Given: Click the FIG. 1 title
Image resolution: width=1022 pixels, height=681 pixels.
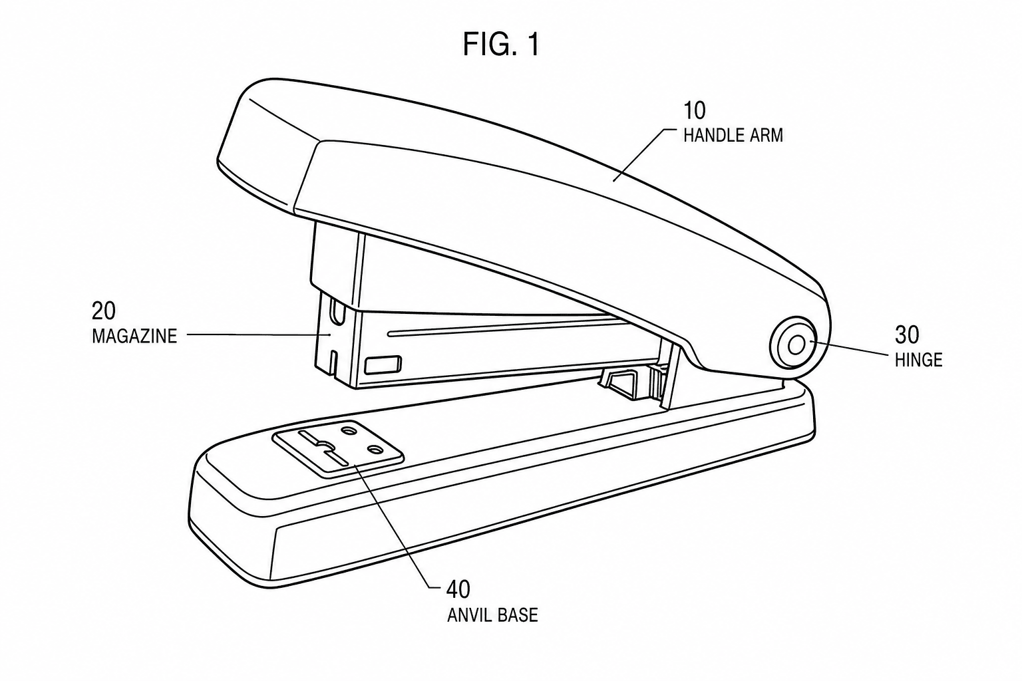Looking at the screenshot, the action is click(501, 45).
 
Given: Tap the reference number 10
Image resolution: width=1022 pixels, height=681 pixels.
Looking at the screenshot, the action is click(694, 110).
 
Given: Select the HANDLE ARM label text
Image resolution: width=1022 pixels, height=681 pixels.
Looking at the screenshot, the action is click(733, 136).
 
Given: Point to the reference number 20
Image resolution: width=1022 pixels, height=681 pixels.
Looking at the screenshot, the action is click(104, 311).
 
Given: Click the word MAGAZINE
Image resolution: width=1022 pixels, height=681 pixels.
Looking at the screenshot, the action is click(134, 336).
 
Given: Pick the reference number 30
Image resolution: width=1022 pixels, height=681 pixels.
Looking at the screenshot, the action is click(907, 335).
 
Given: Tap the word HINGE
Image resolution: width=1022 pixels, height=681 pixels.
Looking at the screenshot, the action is click(918, 360).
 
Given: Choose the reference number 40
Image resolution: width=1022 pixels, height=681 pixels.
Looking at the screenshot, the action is click(458, 590).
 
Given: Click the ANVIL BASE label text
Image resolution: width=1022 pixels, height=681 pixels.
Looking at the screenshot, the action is click(492, 615).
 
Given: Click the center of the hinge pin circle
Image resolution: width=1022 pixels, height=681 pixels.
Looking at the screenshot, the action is click(796, 345).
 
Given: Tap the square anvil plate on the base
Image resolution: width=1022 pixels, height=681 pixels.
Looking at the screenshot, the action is click(337, 448).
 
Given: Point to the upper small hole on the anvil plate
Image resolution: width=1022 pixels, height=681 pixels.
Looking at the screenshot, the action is click(351, 430).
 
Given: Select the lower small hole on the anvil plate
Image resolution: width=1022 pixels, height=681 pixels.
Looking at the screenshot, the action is click(376, 450).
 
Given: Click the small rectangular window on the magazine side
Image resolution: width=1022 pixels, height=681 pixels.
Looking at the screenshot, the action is click(383, 364).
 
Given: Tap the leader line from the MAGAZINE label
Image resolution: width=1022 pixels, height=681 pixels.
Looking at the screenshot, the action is click(259, 335).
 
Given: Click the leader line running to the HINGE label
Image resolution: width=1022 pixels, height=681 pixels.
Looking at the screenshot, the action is click(850, 348).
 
